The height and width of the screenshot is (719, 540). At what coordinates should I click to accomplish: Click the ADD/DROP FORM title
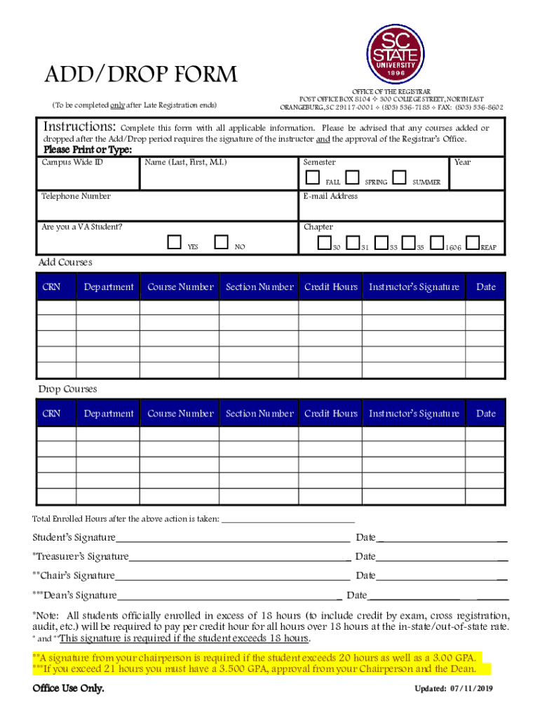pos(141,74)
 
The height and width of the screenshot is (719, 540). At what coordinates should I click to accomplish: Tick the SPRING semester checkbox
pos(353,177)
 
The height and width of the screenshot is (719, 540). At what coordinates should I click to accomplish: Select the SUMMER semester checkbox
pos(399,177)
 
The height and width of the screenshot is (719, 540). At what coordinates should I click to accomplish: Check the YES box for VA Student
pos(175,242)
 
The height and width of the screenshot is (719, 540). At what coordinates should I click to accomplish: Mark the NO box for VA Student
pos(222,242)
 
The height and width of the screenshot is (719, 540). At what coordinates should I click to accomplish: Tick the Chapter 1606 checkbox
pos(437,243)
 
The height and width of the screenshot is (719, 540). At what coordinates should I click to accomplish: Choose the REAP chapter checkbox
pos(473,243)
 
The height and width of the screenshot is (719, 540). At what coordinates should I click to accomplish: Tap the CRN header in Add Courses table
pos(51,286)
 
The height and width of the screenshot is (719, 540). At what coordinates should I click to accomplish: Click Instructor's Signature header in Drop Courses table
pos(414,414)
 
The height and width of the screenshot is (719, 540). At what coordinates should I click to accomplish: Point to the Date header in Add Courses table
pos(485,286)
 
